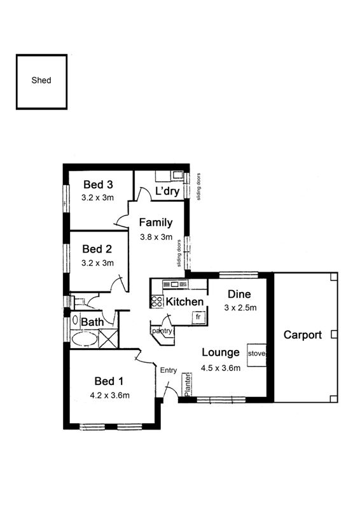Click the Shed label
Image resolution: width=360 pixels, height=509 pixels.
(x=41, y=80)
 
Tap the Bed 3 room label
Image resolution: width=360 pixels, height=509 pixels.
(x=98, y=185)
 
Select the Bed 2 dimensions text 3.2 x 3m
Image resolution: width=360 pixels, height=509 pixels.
(x=97, y=263)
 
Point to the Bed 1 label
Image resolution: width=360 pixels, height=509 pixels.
(x=109, y=380)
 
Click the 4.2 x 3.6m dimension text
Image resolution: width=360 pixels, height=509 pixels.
(x=110, y=395)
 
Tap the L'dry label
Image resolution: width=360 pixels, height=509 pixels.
(x=167, y=191)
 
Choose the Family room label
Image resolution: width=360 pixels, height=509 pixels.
(x=156, y=223)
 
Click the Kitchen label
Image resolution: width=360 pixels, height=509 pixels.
(x=184, y=302)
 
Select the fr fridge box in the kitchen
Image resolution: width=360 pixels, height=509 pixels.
(x=198, y=317)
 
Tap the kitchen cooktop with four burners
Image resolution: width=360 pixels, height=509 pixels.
(x=156, y=302)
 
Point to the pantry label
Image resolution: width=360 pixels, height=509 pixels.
(x=162, y=331)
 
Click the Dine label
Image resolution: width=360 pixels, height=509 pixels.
(x=239, y=294)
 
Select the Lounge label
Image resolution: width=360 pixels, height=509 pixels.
(x=221, y=352)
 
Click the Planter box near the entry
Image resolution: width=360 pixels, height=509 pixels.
(x=186, y=384)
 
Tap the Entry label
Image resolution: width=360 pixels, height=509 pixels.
(x=169, y=370)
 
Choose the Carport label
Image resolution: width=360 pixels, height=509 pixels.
(x=303, y=335)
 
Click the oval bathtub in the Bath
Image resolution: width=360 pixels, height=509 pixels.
(x=85, y=340)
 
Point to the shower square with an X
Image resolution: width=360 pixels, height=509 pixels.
(x=108, y=339)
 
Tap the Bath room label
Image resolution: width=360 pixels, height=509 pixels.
(x=92, y=323)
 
